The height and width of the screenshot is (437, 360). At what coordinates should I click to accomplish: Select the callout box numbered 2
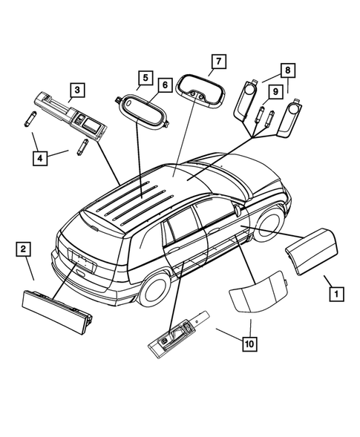tap(24, 248)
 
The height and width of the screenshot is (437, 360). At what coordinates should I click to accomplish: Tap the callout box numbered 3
tap(76, 91)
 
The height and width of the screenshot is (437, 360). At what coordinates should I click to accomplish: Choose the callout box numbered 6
tap(164, 86)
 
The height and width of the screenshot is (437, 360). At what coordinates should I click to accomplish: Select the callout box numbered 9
tap(274, 91)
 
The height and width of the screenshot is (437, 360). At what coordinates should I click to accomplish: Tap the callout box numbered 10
tap(250, 343)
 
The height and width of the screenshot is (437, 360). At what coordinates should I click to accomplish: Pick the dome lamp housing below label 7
tap(201, 92)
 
